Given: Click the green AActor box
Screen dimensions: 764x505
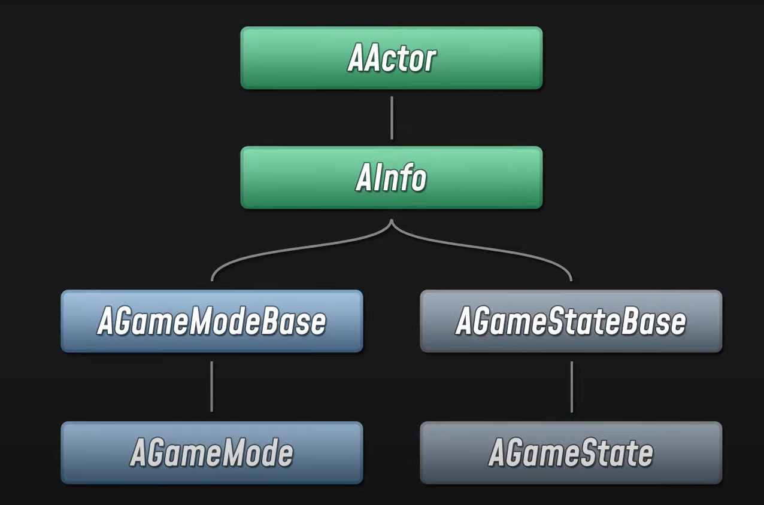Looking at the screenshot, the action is pos(391,58).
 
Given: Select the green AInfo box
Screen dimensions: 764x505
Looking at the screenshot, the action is pos(391,178).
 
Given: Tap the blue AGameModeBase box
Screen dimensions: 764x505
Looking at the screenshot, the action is pos(211,321).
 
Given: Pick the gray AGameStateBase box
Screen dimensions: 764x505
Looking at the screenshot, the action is pos(571,321).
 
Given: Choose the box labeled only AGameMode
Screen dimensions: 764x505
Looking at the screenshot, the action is pos(211,453).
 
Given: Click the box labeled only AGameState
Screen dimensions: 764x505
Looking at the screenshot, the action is pos(571,453).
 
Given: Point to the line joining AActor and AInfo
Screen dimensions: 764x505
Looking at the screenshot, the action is pos(392,118).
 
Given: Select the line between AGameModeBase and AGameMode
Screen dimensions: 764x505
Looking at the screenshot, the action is pos(211,387).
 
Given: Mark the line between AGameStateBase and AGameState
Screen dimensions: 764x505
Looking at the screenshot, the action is pos(571,387).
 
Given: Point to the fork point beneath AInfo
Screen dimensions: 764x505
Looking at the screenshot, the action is pos(392,223).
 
